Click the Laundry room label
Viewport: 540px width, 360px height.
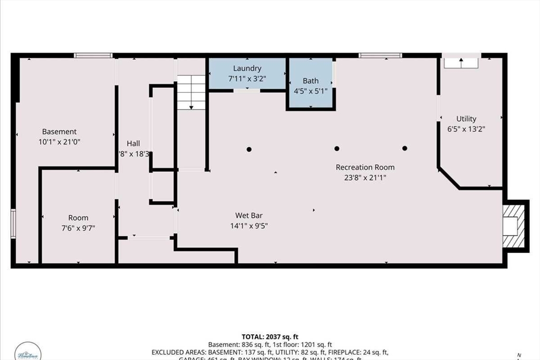tap(247, 68)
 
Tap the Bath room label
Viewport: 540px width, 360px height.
tap(311, 81)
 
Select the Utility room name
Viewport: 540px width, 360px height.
tap(466, 119)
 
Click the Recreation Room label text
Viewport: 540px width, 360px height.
tap(365, 167)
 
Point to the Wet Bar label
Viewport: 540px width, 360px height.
tap(249, 215)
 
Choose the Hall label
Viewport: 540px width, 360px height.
tap(133, 143)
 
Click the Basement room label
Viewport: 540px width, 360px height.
tap(59, 131)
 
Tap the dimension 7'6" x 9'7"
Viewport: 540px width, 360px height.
tap(78, 228)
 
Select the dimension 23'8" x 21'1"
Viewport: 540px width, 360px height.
tap(365, 178)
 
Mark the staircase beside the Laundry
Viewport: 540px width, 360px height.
tap(190, 92)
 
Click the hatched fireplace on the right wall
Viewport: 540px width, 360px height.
tap(514, 225)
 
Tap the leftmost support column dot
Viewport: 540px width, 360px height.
tap(249, 149)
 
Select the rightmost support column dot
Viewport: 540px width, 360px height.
tap(404, 148)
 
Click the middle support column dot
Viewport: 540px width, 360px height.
tap(336, 148)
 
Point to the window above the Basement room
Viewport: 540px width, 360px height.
tap(93, 55)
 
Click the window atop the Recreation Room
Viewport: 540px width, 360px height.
tap(380, 55)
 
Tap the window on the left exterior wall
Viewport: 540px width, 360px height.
tap(13, 223)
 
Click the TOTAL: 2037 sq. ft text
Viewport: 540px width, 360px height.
tap(269, 336)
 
